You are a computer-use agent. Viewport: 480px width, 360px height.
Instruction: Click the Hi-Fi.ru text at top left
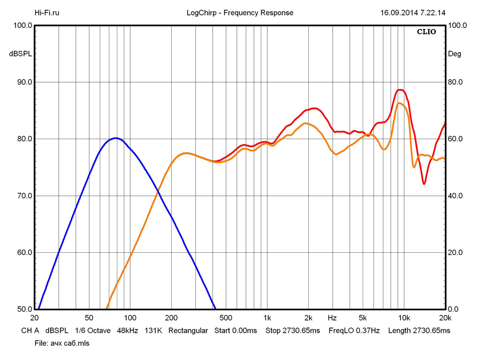click(47, 13)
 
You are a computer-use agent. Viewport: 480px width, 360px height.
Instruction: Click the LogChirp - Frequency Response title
click(240, 13)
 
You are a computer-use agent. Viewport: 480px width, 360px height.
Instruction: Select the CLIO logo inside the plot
click(426, 32)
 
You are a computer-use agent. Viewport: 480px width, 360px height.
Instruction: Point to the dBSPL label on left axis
click(20, 54)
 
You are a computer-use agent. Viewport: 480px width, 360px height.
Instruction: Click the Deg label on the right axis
click(455, 54)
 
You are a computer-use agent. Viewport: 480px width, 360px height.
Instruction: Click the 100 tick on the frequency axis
click(130, 317)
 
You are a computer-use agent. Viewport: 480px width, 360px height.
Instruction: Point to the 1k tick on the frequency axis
click(267, 317)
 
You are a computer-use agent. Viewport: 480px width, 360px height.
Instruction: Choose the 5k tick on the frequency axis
click(363, 317)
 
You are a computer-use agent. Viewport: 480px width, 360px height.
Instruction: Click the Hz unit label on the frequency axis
click(332, 317)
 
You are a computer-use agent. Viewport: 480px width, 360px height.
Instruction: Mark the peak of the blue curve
click(116, 138)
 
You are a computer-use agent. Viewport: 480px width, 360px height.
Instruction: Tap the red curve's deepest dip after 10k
click(424, 184)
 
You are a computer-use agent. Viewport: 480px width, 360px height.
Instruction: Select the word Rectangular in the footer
click(188, 331)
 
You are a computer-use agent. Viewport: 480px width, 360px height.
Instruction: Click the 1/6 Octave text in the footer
click(93, 331)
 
